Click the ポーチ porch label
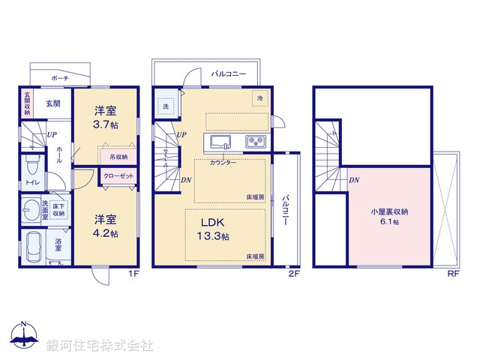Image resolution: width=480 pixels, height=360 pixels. coord(60,78)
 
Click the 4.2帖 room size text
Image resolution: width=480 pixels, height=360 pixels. coord(106,233)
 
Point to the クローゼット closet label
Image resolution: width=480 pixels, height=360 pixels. coord(118,175)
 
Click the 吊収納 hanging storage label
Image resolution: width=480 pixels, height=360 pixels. coord(118,157)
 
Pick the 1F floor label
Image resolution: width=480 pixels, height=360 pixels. coord(131,274)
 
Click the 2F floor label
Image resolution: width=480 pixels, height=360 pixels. coord(294,274)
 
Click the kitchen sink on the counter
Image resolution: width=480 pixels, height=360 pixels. coord(220,142)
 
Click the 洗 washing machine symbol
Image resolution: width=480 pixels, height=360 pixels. coord(166,106)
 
